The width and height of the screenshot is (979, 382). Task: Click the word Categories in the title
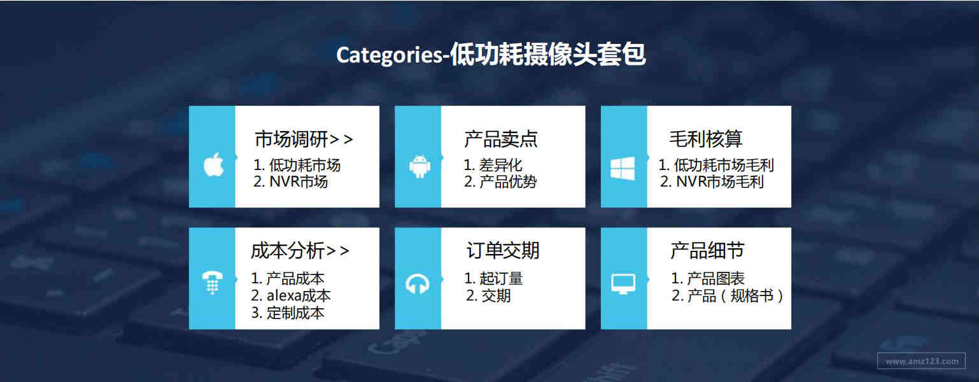(390, 55)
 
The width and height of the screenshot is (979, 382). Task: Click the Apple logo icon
(214, 165)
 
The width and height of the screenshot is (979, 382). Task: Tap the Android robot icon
(419, 166)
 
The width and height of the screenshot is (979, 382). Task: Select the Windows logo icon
(623, 168)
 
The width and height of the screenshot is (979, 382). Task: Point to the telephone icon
(213, 282)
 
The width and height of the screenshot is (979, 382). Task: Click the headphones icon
(418, 284)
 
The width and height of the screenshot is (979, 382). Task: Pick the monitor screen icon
(623, 284)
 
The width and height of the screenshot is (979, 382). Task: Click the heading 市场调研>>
(304, 139)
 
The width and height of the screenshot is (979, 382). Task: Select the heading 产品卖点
(501, 139)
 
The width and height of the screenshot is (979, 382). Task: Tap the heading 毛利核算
(706, 139)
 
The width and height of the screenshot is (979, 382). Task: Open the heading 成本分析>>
(300, 251)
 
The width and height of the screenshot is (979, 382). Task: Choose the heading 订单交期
(503, 251)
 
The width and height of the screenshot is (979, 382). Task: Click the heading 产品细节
(707, 251)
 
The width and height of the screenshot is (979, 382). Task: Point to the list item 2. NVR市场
(291, 181)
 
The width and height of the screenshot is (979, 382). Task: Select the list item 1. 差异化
(493, 165)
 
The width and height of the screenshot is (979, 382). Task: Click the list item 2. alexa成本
(291, 296)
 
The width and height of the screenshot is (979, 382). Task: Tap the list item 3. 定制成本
(288, 313)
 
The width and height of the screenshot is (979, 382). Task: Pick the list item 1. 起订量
(493, 278)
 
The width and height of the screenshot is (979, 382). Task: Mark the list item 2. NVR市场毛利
(712, 181)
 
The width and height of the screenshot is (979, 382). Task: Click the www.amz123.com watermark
(922, 361)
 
